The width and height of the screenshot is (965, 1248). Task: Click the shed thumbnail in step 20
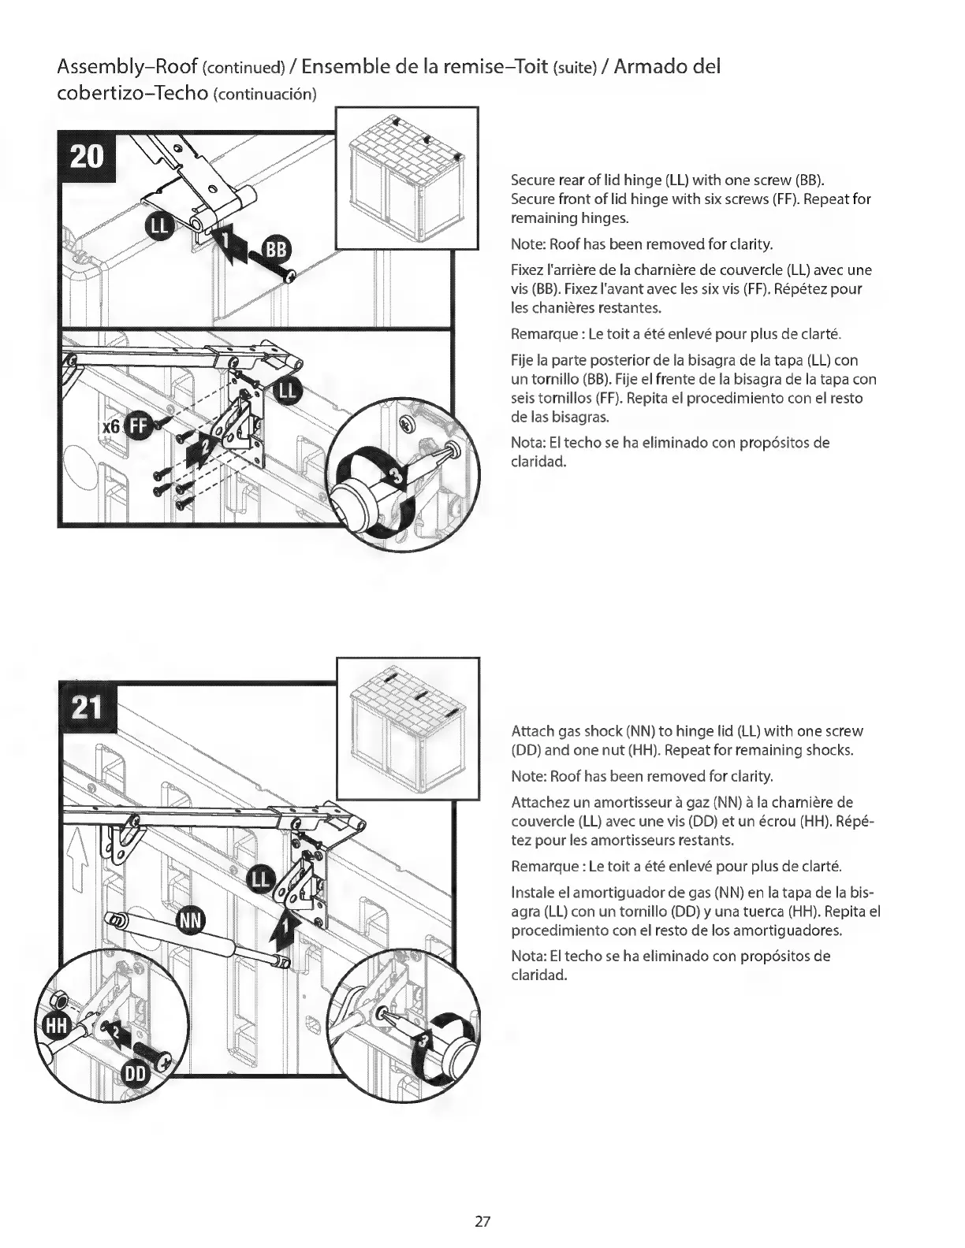tap(407, 178)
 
